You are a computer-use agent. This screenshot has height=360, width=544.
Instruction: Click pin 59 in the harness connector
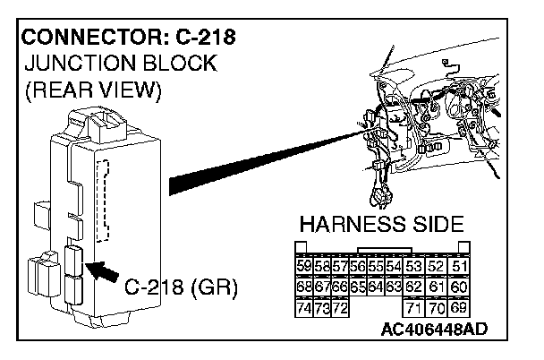click(303, 266)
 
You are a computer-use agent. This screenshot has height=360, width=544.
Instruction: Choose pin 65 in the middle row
click(358, 287)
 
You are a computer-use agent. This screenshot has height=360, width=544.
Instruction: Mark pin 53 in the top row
click(413, 266)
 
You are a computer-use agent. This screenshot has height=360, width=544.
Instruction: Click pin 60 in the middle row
click(460, 287)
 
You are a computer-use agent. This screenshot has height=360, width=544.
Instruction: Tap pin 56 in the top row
click(358, 266)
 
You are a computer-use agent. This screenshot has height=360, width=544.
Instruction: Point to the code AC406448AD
click(434, 329)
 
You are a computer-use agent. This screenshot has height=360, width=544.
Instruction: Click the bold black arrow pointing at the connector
click(102, 270)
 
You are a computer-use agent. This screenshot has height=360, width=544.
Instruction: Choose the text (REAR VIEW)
click(92, 90)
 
